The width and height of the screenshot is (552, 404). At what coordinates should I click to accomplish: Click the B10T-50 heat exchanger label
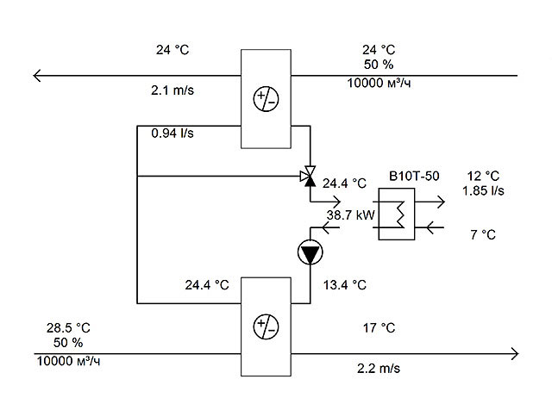[x=414, y=176]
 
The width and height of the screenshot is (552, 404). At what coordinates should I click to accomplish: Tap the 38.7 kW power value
[x=350, y=214]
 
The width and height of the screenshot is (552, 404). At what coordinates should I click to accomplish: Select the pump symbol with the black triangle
[x=310, y=252]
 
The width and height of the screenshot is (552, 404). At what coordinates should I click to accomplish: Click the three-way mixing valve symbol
[x=308, y=176]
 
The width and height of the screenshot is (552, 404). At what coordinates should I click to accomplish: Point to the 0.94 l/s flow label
[x=172, y=133]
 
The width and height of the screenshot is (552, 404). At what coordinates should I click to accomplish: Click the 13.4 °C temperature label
[x=345, y=285]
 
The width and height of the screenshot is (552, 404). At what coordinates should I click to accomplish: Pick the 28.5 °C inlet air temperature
[x=68, y=327]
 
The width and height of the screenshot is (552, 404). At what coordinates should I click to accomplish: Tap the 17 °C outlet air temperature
[x=379, y=327]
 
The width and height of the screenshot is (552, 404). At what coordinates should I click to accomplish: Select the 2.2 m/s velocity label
[x=379, y=368]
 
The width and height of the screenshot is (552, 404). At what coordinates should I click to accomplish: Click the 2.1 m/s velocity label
[x=172, y=90]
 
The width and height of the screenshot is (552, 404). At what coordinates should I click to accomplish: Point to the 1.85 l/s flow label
[x=483, y=190]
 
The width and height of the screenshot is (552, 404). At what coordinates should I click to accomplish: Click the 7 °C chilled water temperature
[x=483, y=234]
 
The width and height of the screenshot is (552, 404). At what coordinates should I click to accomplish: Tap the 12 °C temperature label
[x=483, y=176]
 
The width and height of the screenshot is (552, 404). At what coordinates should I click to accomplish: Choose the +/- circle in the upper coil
[x=267, y=99]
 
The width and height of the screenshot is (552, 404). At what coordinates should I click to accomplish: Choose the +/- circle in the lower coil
[x=267, y=326]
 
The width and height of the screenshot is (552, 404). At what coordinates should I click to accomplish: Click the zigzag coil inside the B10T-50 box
[x=399, y=214]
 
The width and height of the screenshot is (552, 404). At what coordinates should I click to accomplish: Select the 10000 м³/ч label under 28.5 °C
[x=68, y=361]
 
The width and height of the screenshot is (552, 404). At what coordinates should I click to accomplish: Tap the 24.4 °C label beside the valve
[x=345, y=183]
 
